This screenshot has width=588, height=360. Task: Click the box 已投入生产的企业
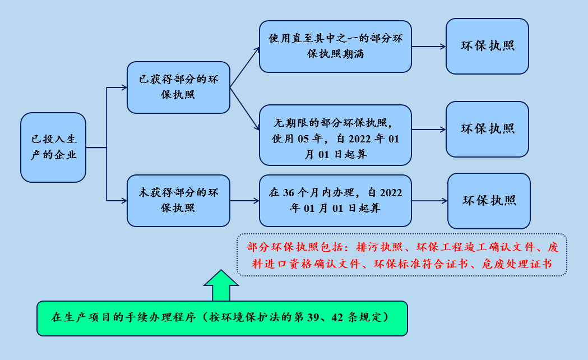(53, 147)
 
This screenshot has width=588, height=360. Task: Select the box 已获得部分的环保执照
(178, 87)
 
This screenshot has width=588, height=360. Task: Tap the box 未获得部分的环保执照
(178, 200)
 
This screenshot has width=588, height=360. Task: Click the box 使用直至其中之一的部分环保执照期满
(335, 47)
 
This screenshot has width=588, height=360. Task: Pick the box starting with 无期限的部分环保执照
(335, 135)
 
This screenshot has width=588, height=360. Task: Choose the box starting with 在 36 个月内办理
(335, 200)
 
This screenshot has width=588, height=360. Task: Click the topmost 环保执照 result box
(487, 47)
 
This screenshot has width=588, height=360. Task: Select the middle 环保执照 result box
(487, 129)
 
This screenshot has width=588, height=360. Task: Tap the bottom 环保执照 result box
(489, 201)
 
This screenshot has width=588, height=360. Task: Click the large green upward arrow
(221, 285)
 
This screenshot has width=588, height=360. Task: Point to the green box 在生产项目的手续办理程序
(221, 318)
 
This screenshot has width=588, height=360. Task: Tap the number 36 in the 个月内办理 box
(289, 192)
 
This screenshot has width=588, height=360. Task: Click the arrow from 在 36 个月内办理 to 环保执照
(429, 201)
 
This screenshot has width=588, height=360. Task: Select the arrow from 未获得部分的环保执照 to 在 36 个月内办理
(244, 200)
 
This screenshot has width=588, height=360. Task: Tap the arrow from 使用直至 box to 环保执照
(428, 47)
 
